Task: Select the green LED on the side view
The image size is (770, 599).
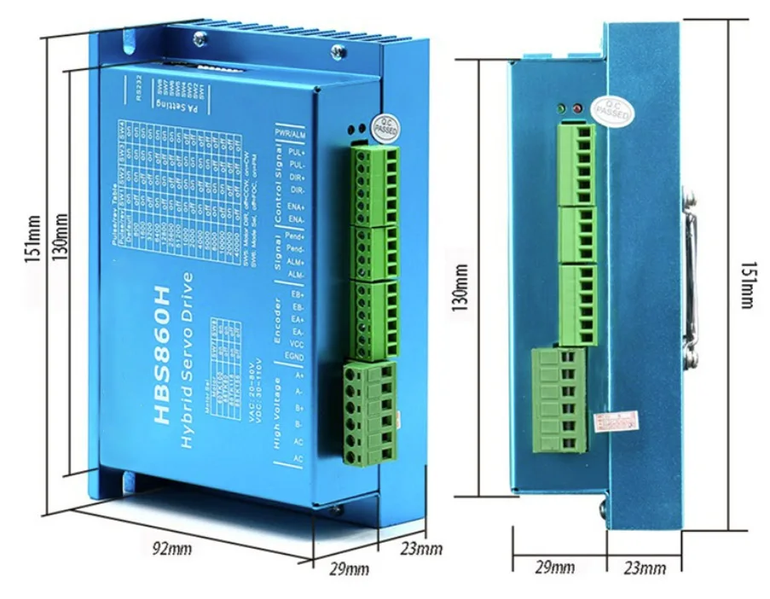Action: coord(559,110)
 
